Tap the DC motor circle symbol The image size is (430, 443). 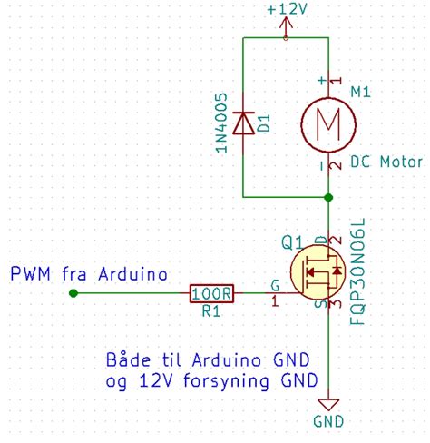(x=327, y=121)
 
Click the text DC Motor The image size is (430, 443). (x=386, y=162)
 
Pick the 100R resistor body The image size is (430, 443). (x=212, y=293)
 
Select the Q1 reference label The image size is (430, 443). (x=292, y=242)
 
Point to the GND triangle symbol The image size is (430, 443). (x=327, y=404)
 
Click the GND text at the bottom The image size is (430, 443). (x=327, y=423)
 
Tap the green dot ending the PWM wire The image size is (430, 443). (x=73, y=293)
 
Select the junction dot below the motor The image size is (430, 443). (x=327, y=196)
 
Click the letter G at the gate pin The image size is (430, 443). (x=275, y=284)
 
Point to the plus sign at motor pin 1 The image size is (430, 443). (x=319, y=81)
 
